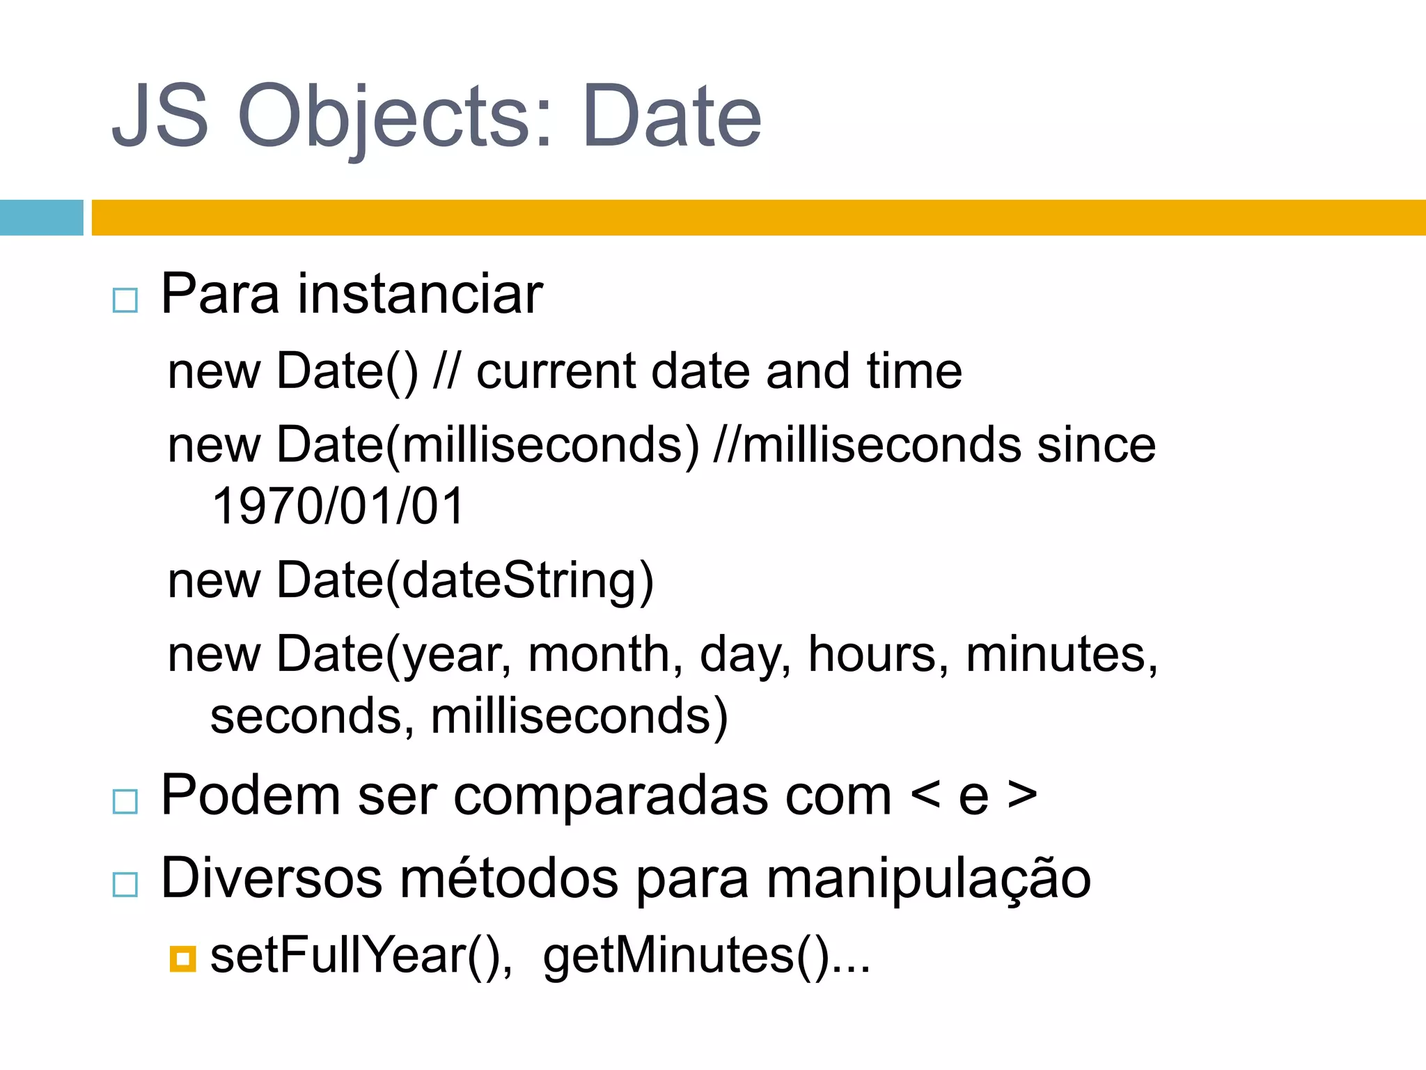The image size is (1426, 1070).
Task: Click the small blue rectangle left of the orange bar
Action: [41, 217]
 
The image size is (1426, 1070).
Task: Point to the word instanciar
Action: [420, 294]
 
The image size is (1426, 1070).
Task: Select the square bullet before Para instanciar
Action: [125, 301]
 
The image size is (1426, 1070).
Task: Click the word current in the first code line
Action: [555, 371]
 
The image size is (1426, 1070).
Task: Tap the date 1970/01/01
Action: [338, 506]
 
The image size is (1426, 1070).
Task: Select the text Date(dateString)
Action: [465, 580]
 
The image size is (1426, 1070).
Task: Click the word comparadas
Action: [672, 796]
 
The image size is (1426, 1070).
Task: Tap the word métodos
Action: [509, 878]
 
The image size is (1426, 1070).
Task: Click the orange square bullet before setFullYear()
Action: [182, 959]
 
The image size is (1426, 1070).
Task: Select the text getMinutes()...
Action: [687, 956]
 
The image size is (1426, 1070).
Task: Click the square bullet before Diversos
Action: [125, 885]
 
